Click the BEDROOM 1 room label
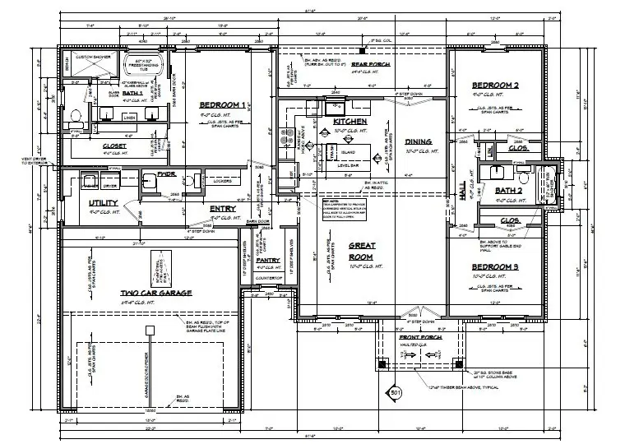(x=222, y=105)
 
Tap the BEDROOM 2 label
(x=493, y=86)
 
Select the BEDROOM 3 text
(x=494, y=267)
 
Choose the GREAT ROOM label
(x=363, y=251)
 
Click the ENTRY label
(x=222, y=208)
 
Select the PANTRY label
(x=268, y=260)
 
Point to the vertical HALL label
(x=462, y=192)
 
